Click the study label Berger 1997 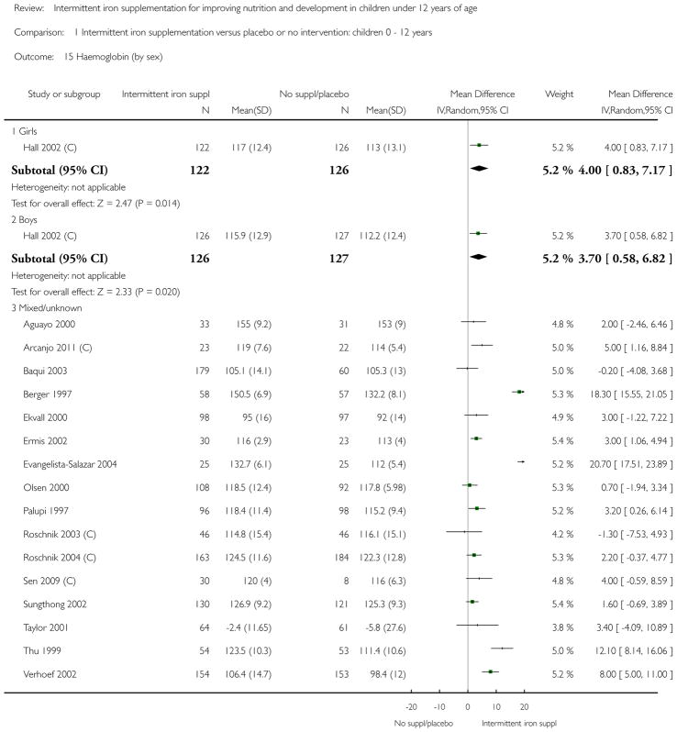coord(47,394)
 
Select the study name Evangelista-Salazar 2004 coord(70,464)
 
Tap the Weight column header coord(559,94)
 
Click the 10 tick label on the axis coord(496,707)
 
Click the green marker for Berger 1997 coord(519,392)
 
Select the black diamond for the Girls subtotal coord(479,169)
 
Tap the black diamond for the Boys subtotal coord(478,257)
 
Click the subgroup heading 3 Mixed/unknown coord(47,308)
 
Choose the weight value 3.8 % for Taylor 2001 coord(562,627)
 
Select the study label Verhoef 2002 coord(50,674)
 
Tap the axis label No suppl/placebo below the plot coord(424,723)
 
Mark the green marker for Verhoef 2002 coord(490,671)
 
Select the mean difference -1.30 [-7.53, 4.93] coord(635,534)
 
